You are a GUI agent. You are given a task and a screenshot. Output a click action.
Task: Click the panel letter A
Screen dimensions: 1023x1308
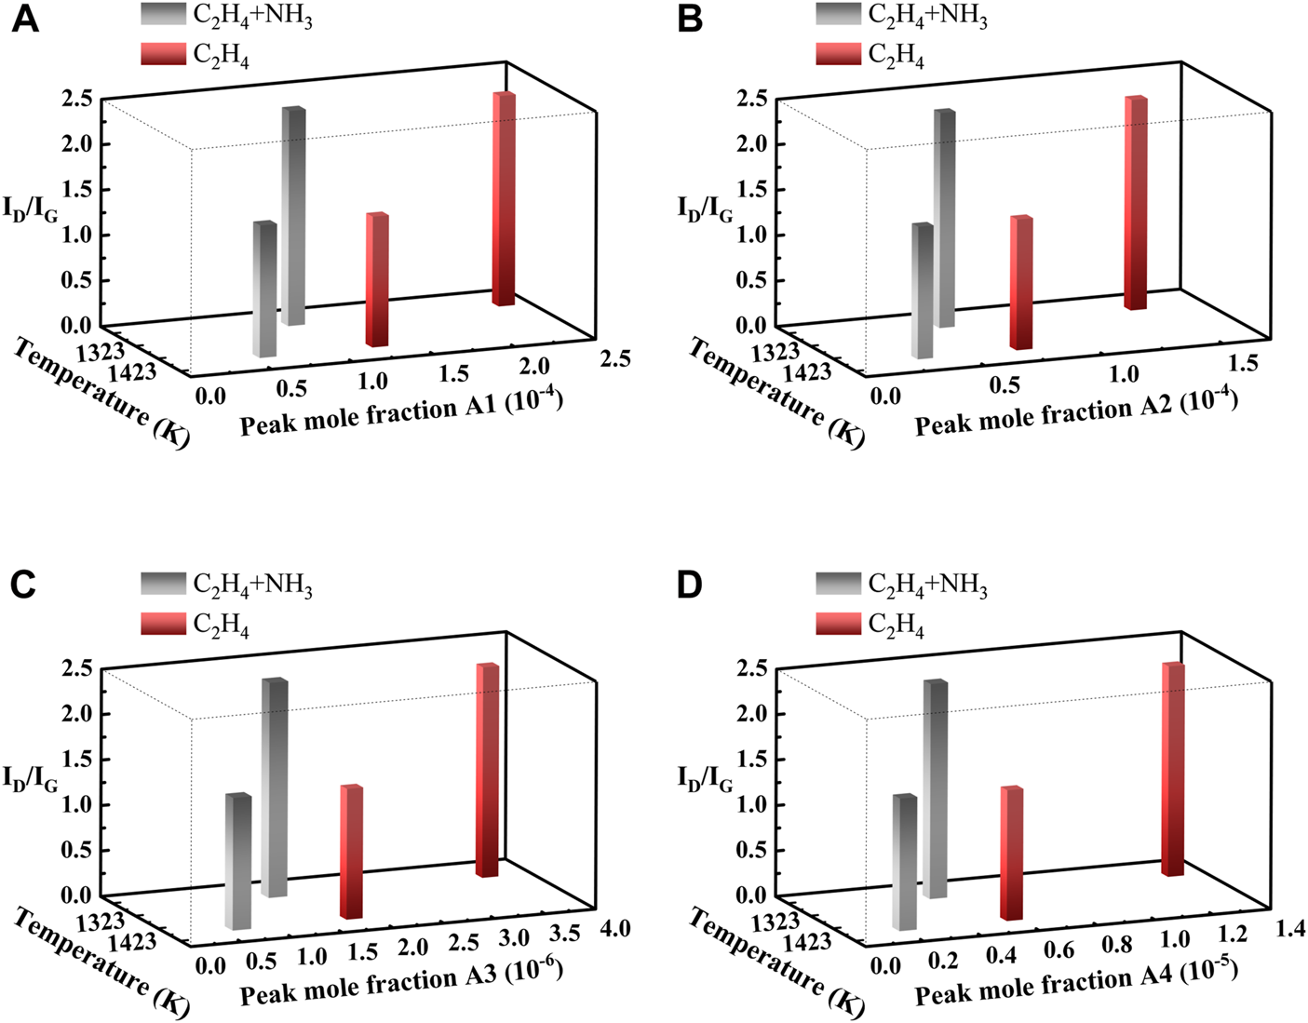pyautogui.click(x=25, y=19)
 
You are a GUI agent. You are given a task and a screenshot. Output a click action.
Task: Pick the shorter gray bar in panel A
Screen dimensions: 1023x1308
pyautogui.click(x=265, y=289)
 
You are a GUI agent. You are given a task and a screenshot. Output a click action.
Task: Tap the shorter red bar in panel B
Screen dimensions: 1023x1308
pyautogui.click(x=1021, y=282)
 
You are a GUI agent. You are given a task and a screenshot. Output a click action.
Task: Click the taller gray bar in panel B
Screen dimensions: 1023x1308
pyautogui.click(x=944, y=219)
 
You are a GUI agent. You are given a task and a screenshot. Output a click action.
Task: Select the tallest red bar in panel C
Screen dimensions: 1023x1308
pyautogui.click(x=488, y=770)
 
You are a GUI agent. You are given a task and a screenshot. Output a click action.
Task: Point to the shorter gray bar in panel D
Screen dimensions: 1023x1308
pyautogui.click(x=904, y=861)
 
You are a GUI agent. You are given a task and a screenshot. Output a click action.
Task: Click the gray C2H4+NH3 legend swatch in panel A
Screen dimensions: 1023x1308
pyautogui.click(x=163, y=15)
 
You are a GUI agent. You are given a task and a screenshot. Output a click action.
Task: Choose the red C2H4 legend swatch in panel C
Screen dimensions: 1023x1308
pyautogui.click(x=163, y=624)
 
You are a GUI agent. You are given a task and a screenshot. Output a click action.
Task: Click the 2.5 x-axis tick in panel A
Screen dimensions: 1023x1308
pyautogui.click(x=614, y=358)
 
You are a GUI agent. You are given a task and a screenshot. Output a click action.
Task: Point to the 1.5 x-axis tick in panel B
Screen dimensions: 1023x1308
pyautogui.click(x=1243, y=363)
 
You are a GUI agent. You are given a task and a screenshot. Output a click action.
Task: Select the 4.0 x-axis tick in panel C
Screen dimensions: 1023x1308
pyautogui.click(x=614, y=928)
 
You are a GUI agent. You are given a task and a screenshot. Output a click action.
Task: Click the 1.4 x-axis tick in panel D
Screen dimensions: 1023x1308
pyautogui.click(x=1290, y=928)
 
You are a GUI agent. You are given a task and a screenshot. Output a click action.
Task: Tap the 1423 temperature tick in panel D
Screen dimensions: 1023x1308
pyautogui.click(x=808, y=942)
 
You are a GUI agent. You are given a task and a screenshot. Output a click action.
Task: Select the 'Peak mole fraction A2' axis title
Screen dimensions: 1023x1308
pyautogui.click(x=1075, y=414)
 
